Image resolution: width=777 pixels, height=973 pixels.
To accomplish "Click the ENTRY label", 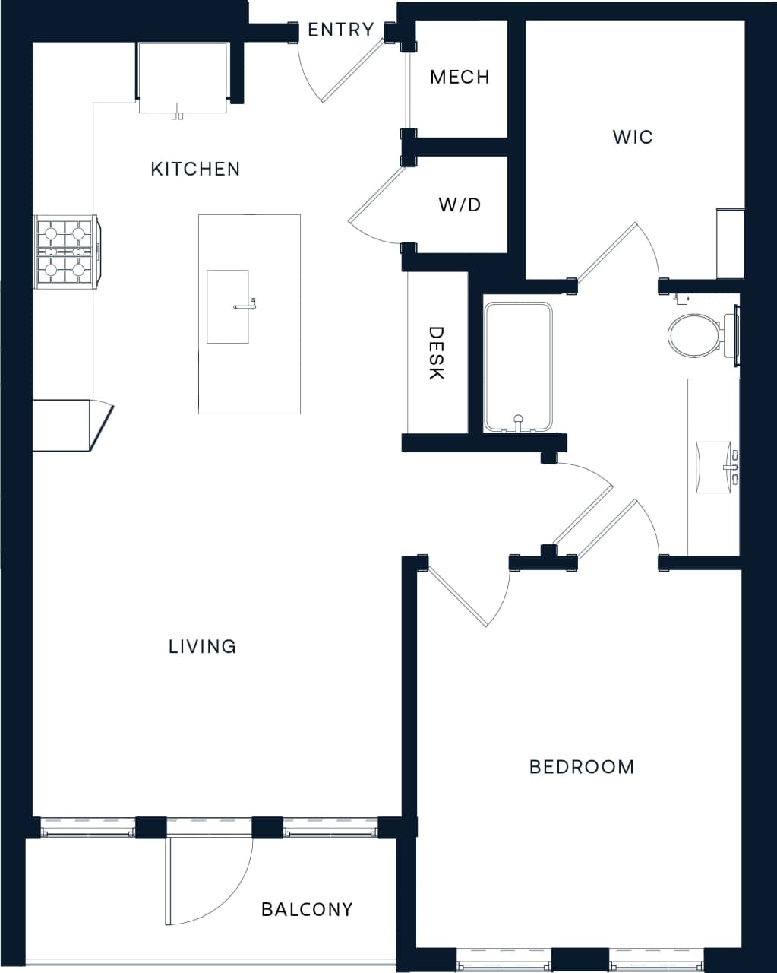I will [340, 30].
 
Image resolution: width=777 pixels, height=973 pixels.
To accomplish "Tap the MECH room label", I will [460, 77].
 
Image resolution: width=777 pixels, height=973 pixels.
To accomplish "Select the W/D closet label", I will [460, 204].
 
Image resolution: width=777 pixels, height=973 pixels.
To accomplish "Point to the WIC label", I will [633, 137].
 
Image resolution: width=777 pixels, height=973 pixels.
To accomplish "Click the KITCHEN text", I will [195, 169].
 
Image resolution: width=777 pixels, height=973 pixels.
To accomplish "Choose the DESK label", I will [436, 353].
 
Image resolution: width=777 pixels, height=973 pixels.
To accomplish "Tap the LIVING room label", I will [202, 646].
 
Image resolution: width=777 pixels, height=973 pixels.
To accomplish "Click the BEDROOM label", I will [582, 766].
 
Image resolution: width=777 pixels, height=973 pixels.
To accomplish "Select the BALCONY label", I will [307, 909].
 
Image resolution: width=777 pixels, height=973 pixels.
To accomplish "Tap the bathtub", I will [519, 366].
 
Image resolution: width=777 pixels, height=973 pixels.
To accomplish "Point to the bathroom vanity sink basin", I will [712, 465].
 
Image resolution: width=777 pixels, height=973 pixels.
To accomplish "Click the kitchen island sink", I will [228, 306].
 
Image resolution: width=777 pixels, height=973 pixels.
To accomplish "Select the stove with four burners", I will [65, 251].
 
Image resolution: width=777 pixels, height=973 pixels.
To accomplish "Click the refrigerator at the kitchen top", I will [182, 78].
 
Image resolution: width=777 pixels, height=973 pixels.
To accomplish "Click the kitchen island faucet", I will [245, 306].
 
